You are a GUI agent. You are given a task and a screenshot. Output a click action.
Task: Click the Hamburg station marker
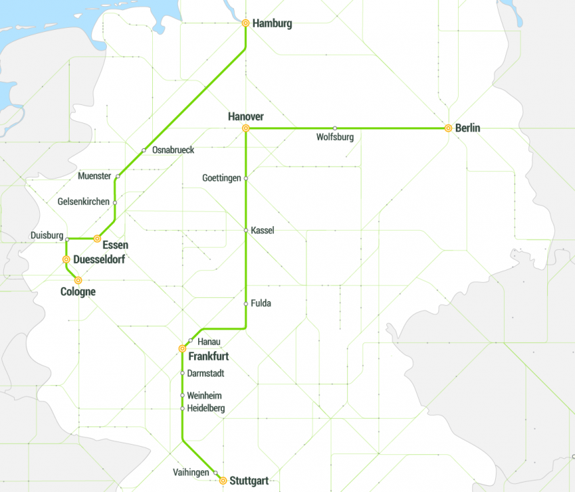[246, 23]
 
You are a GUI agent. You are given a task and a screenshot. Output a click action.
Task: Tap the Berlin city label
[467, 128]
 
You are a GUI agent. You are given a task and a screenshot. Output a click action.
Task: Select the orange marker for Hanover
[246, 128]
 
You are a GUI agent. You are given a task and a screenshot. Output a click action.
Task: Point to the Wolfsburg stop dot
[335, 128]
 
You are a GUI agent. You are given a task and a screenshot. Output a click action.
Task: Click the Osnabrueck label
[173, 150]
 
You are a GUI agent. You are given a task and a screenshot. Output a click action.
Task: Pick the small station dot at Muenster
[118, 176]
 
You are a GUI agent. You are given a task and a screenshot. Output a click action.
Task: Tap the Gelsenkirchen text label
[83, 202]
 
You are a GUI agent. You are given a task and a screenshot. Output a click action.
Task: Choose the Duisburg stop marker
[66, 239]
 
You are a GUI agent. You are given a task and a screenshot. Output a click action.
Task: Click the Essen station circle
[97, 239]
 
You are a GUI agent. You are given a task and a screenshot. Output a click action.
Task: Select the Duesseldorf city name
[98, 259]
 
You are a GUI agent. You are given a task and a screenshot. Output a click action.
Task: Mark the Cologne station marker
[78, 280]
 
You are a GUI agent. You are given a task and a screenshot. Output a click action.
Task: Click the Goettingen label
[221, 178]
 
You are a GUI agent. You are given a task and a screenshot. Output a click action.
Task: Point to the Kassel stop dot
[246, 230]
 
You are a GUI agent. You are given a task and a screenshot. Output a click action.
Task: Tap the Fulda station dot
[246, 303]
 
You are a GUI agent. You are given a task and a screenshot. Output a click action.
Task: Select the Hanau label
[209, 341]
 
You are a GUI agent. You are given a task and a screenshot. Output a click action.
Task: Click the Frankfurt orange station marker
[182, 349]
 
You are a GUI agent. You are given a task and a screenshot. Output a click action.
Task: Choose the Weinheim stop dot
[182, 395]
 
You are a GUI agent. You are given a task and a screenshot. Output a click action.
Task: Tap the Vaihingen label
[191, 472]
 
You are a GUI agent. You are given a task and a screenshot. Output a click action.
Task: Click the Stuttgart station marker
[223, 480]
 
